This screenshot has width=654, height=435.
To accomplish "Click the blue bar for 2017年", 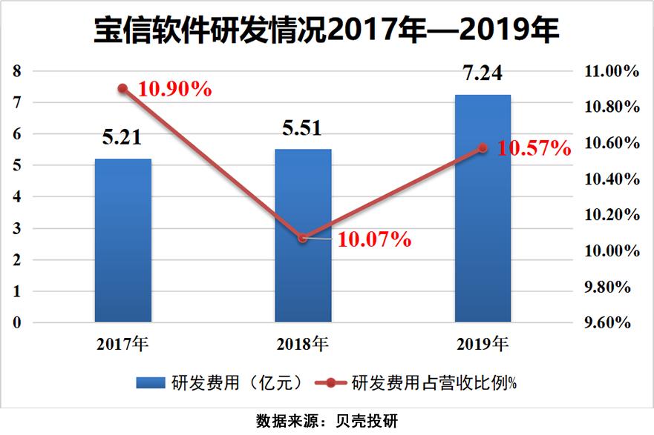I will pyautogui.click(x=123, y=241).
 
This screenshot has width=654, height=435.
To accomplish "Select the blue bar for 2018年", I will pyautogui.click(x=303, y=236).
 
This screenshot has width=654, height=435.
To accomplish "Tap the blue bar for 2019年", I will pyautogui.click(x=483, y=209).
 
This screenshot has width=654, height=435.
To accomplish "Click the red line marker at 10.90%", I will pyautogui.click(x=123, y=88).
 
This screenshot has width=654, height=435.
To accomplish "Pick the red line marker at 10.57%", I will pyautogui.click(x=483, y=148).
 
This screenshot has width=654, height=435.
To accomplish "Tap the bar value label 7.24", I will pyautogui.click(x=483, y=74).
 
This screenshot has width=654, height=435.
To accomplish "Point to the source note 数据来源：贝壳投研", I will pyautogui.click(x=327, y=421).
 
